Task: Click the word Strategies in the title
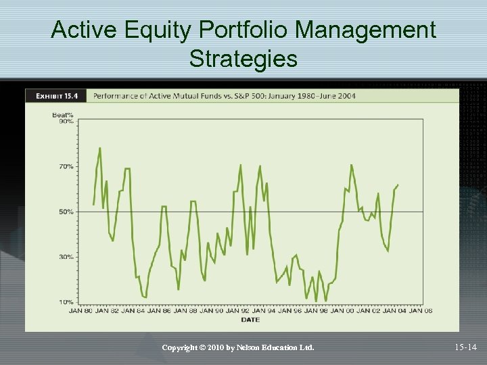click(x=243, y=59)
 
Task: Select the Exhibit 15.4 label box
click(x=56, y=95)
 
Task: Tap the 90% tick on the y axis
click(x=66, y=121)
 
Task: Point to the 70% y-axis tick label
click(x=66, y=166)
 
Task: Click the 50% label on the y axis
click(x=66, y=212)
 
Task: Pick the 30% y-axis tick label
click(x=66, y=257)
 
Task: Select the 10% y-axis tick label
click(x=66, y=301)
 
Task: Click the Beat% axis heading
click(x=63, y=114)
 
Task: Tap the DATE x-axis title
click(x=250, y=318)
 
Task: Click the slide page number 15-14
click(x=465, y=347)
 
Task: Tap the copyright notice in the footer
click(x=238, y=347)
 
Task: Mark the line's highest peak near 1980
click(x=100, y=148)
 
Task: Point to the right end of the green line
click(x=398, y=185)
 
